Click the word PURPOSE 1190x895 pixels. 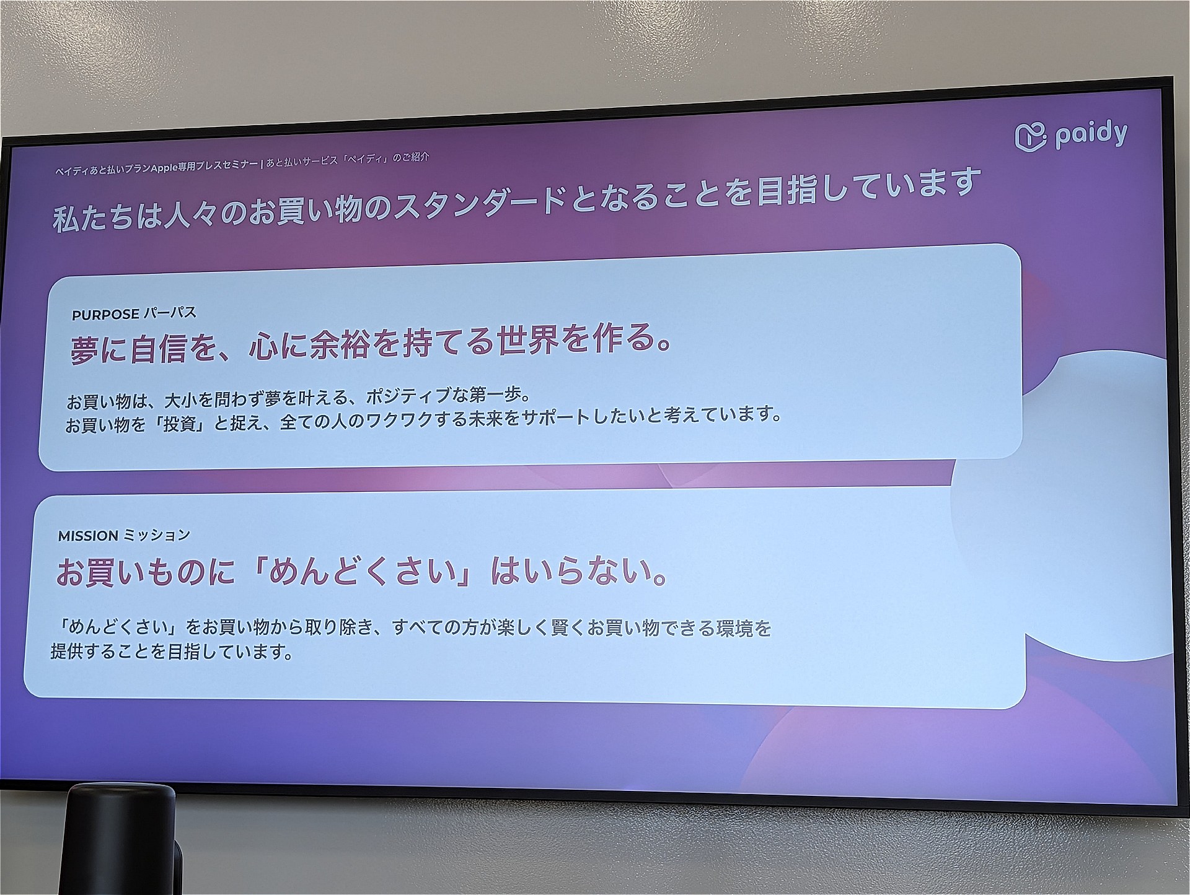point(105,315)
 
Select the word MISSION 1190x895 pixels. point(88,536)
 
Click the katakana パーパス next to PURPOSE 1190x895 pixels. point(170,313)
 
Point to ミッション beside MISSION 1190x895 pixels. point(156,535)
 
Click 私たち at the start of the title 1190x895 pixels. point(93,219)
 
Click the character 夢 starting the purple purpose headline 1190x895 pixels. point(85,351)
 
